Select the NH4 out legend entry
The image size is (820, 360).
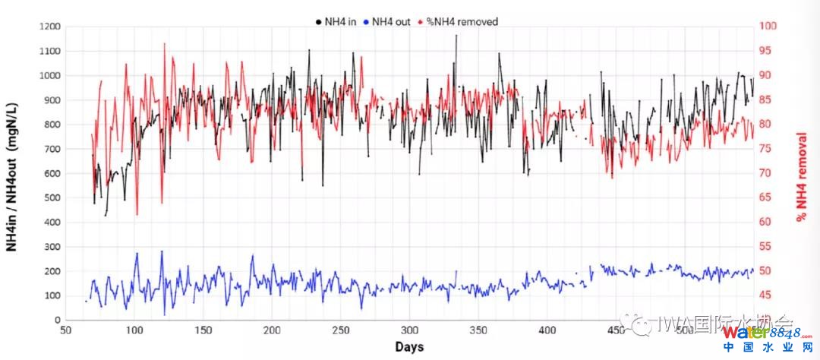pyautogui.click(x=389, y=21)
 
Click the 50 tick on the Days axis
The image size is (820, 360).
pyautogui.click(x=66, y=331)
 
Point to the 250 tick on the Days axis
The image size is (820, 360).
pyautogui.click(x=341, y=331)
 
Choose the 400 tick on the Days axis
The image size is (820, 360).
pyautogui.click(x=547, y=331)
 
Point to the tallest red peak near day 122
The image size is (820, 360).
pyautogui.click(x=164, y=43)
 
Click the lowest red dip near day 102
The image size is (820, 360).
pyautogui.click(x=137, y=215)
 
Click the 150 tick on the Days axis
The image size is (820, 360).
pyautogui.click(x=203, y=331)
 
